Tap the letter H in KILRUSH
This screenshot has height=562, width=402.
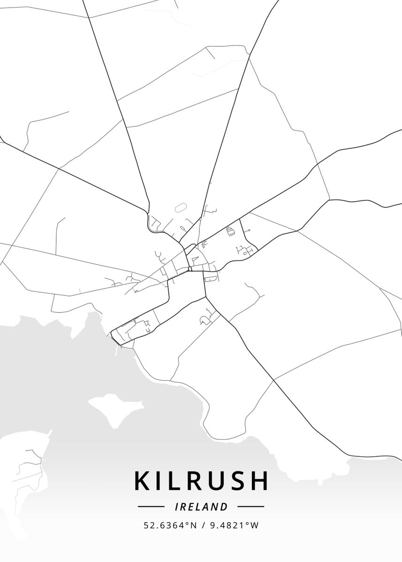point(258,481)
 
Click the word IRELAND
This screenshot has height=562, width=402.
point(201,507)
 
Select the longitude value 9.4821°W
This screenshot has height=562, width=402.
point(233,525)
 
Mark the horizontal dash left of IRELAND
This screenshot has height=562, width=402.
point(151,506)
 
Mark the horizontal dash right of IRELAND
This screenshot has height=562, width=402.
point(251,506)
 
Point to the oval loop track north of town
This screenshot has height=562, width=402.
point(180,207)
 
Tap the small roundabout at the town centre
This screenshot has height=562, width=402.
point(189,268)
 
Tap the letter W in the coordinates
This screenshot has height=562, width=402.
point(254,525)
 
